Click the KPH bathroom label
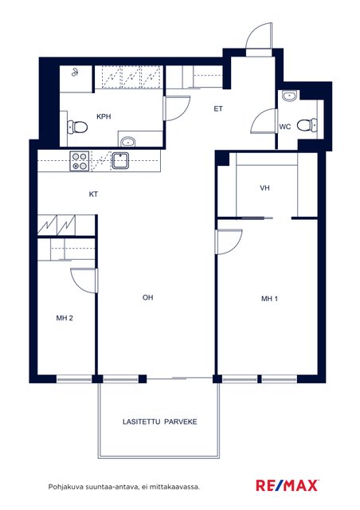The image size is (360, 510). (104, 116)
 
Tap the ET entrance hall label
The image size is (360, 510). (218, 109)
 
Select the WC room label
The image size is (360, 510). (285, 127)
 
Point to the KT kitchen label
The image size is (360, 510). (93, 194)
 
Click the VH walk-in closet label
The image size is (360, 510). (264, 188)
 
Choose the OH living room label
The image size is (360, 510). (147, 297)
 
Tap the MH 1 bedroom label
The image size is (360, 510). (269, 299)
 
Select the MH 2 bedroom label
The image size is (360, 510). (65, 318)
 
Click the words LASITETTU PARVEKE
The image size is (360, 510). (159, 422)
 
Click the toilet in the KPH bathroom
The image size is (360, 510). (77, 127)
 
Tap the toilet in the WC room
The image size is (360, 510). (307, 125)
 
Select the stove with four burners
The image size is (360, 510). (80, 161)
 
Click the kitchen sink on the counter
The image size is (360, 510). (120, 161)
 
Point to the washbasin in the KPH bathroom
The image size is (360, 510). (127, 142)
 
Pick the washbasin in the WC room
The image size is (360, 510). (289, 96)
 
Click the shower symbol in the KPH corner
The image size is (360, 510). (75, 73)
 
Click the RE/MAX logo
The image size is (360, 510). (287, 485)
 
